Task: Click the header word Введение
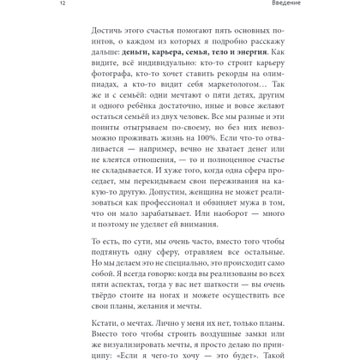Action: coord(339,3)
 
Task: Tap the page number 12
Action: coord(5,3)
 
